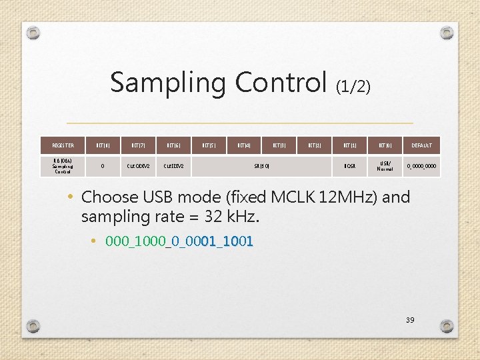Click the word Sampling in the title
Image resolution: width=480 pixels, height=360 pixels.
(x=169, y=83)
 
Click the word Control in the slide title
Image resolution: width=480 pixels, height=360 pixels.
(x=283, y=83)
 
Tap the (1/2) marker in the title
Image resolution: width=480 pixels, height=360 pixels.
(x=353, y=86)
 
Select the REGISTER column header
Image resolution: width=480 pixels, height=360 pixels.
(x=63, y=145)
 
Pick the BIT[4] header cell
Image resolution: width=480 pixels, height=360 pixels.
(x=244, y=145)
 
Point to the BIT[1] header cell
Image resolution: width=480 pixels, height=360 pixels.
(x=350, y=145)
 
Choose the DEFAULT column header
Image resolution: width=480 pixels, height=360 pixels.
(x=421, y=145)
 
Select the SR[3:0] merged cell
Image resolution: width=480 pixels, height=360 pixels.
(x=261, y=166)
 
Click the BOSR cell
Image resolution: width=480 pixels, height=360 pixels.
(x=350, y=166)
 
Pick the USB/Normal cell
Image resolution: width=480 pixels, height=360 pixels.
(x=385, y=166)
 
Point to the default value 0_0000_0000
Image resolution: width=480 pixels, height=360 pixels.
(x=421, y=166)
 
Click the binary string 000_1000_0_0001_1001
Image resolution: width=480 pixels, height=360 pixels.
(x=179, y=241)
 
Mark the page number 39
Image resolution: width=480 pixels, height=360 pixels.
(x=410, y=321)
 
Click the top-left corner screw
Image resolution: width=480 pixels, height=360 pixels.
(x=34, y=33)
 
